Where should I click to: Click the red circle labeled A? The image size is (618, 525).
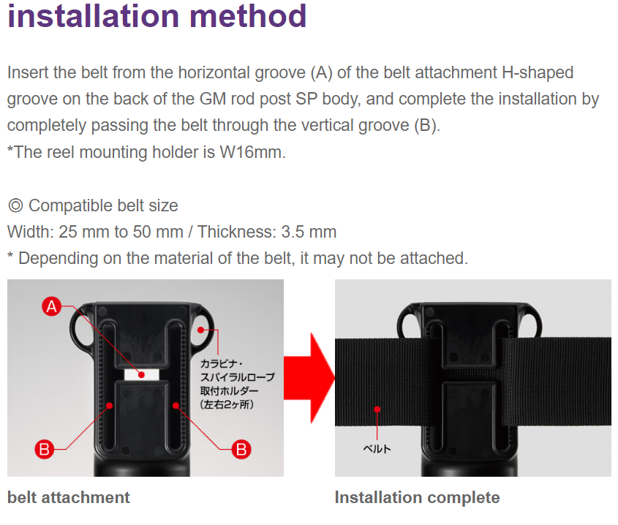[x=52, y=306]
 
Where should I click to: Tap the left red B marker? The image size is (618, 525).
[x=45, y=450]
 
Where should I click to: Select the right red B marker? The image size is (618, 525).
[x=241, y=450]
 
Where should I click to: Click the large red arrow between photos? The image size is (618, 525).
[x=309, y=378]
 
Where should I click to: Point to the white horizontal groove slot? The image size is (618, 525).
[x=141, y=374]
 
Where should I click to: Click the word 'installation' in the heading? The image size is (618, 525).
[x=94, y=16]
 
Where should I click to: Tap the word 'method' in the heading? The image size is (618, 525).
[x=248, y=16]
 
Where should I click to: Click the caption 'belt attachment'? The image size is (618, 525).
[x=69, y=497]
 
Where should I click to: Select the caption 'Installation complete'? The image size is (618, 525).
[x=418, y=497]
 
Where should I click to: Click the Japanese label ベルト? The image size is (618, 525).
[x=377, y=448]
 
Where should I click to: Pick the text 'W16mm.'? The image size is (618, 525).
[x=252, y=152]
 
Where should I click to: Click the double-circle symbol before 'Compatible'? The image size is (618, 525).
[x=16, y=205]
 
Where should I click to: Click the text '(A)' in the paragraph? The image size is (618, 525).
[x=322, y=73]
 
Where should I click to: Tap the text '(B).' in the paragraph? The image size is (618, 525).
[x=427, y=126]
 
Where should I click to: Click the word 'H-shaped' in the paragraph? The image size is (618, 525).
[x=538, y=73]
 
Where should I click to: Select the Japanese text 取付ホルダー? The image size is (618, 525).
[x=230, y=390]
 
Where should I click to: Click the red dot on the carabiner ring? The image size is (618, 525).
[x=200, y=330]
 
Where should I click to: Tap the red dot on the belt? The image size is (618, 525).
[x=377, y=409]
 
